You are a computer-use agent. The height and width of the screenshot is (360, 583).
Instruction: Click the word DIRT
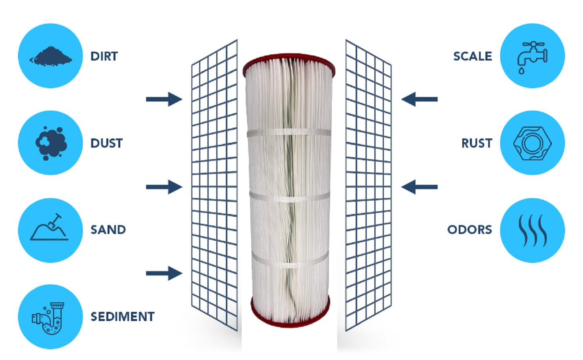[104, 56]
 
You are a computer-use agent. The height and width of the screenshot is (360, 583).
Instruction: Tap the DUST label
[106, 143]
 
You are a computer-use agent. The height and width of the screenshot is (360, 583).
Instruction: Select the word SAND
[108, 230]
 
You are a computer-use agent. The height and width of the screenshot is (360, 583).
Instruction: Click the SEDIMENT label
[122, 317]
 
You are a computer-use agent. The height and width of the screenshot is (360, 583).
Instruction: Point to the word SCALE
[472, 56]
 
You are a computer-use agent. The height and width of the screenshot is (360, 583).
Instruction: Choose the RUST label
[476, 143]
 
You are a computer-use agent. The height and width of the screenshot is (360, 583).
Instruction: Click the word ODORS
[470, 230]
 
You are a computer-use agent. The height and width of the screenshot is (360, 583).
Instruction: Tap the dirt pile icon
[50, 56]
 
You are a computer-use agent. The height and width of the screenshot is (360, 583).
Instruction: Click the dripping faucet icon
[532, 57]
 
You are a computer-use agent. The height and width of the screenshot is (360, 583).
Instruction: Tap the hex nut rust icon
[532, 143]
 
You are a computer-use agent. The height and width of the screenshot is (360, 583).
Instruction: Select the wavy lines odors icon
[533, 230]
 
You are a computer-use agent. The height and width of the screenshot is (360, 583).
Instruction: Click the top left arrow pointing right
[164, 99]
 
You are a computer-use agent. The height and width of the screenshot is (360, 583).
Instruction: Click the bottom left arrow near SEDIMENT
[164, 274]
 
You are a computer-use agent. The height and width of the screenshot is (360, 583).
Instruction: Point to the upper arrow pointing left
[420, 99]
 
